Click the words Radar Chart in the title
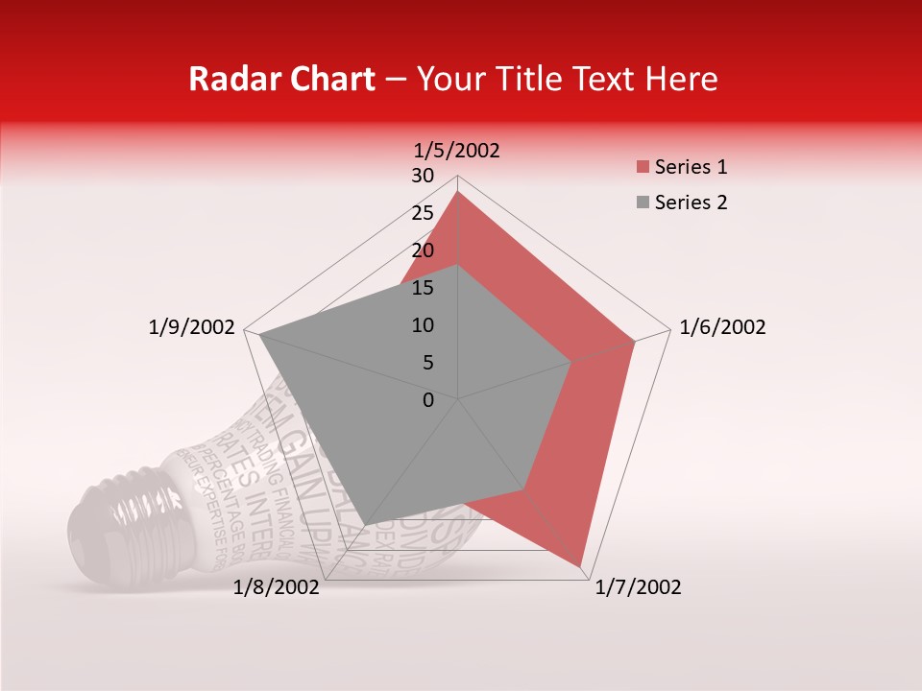coord(281,79)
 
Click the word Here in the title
coord(681,79)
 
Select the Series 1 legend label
coord(691,167)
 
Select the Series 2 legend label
coord(691,203)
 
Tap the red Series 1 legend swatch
coord(642,168)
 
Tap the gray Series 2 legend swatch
coord(642,203)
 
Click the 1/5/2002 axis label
coord(456,151)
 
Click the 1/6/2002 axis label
coord(722,327)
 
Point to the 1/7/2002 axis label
coord(638,587)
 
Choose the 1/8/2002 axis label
coord(277,587)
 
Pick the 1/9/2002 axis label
coord(192,327)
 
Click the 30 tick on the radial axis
coord(423,176)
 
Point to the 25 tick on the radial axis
coord(423,213)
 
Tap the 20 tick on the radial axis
coord(423,250)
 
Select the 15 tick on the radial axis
coord(423,288)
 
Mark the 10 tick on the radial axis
coord(423,325)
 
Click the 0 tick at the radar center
coord(428,400)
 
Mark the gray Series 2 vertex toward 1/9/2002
coord(258,335)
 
